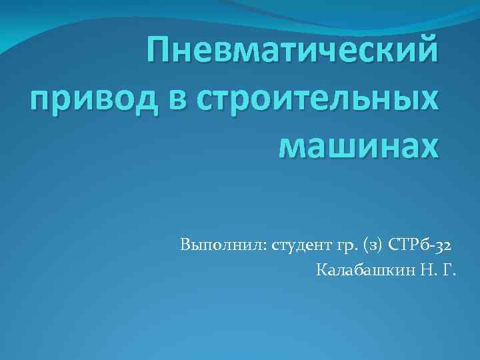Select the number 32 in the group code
point(447,245)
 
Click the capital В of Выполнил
point(185,245)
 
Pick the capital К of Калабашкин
point(322,271)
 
